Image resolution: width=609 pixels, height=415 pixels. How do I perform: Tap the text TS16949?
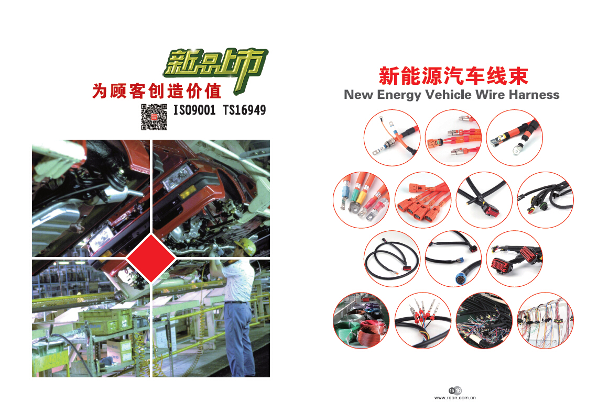tap(244, 110)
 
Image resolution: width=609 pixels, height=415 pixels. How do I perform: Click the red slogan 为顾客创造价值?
tap(157, 92)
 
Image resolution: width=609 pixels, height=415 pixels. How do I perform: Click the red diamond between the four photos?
tap(151, 258)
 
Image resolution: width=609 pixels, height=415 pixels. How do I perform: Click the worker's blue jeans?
tap(237, 338)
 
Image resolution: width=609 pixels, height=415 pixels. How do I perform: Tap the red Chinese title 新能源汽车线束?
tap(453, 76)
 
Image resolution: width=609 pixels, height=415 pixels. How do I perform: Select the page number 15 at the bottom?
tap(452, 390)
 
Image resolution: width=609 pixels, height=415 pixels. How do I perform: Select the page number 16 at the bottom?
tap(459, 390)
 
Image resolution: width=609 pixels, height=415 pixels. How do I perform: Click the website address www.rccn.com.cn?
tap(454, 398)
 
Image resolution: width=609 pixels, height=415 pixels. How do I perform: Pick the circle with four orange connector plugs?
tap(422, 200)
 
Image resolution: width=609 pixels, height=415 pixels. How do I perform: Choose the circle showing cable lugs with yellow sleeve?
tap(361, 200)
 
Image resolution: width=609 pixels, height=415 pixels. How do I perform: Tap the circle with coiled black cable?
tap(392, 259)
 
